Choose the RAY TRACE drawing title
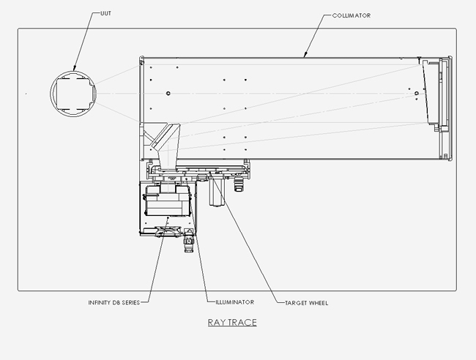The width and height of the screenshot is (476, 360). coord(231,322)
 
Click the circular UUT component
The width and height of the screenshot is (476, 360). coord(72,93)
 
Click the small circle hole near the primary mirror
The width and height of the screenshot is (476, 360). coord(416,94)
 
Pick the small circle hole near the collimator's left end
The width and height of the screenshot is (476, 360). coord(168,93)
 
